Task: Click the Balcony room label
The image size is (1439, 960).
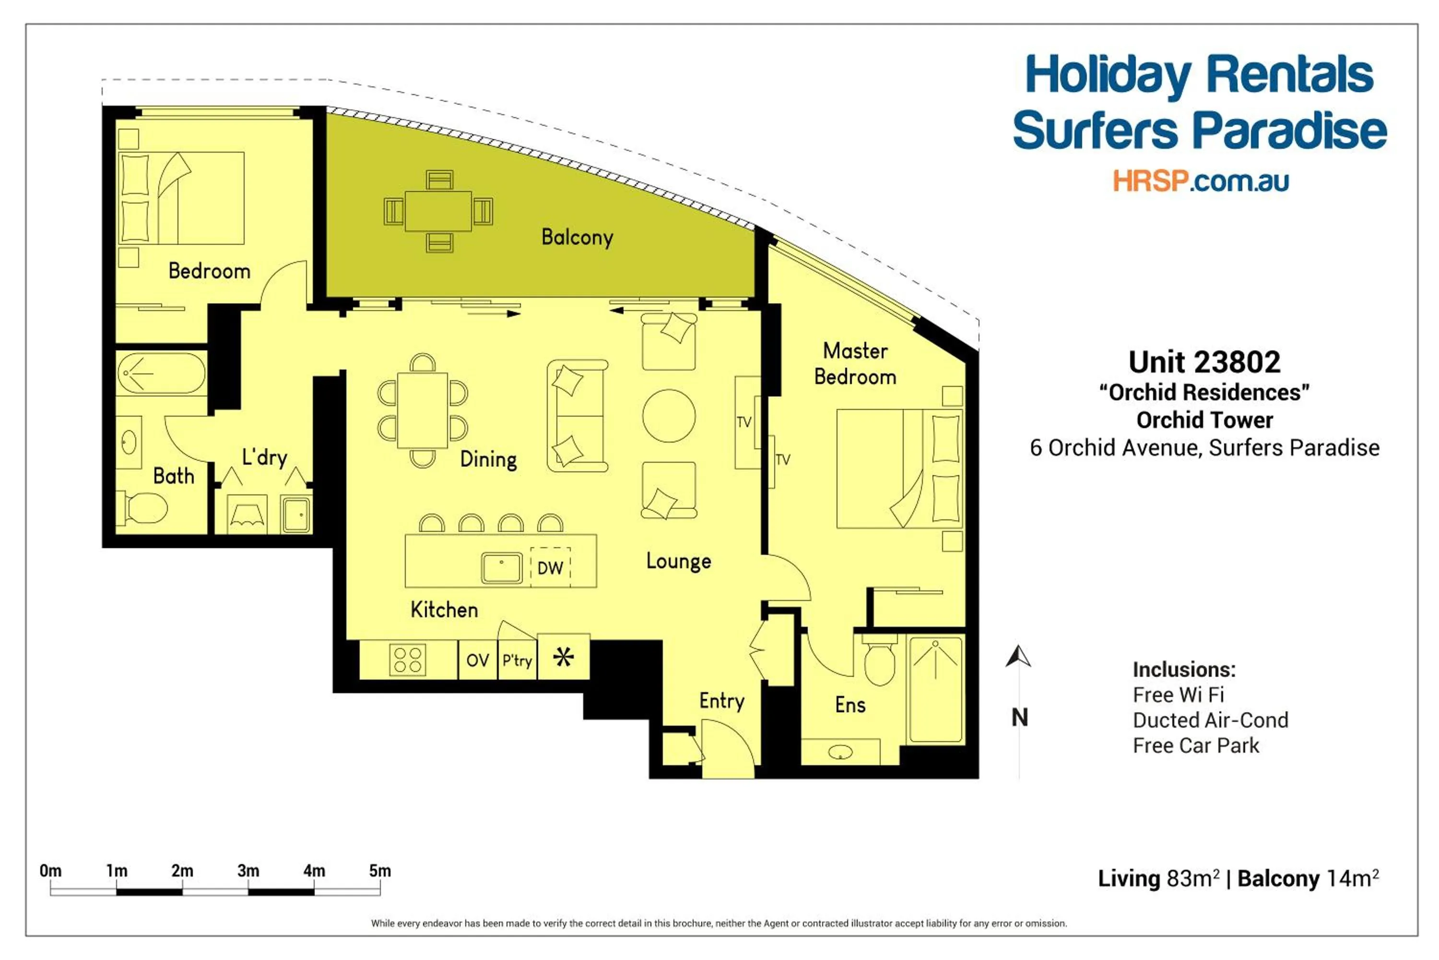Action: tap(577, 237)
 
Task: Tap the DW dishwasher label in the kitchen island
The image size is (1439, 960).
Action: tap(549, 567)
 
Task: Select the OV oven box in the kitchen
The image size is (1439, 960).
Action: tap(477, 660)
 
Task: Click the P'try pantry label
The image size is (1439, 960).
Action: tap(517, 660)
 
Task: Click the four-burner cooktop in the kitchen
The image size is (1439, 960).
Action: tap(407, 660)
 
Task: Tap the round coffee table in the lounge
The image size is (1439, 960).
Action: tap(669, 416)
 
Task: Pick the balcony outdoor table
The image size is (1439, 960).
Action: tap(438, 211)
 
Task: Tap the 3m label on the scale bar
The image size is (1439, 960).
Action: tap(248, 871)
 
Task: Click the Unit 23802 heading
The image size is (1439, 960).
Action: tap(1204, 362)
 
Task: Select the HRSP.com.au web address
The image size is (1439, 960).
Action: tap(1201, 181)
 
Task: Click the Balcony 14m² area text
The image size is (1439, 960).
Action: tap(1308, 878)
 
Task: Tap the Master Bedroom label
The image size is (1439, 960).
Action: tap(855, 364)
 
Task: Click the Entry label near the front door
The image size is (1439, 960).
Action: tap(722, 700)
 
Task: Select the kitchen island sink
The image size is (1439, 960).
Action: tap(502, 567)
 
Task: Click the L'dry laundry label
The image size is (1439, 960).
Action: tap(264, 457)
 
